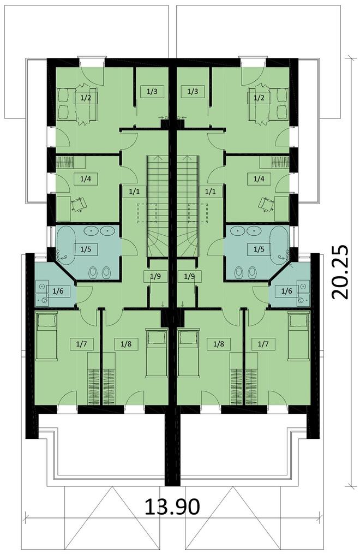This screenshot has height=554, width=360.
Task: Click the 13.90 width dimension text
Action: click(172, 507)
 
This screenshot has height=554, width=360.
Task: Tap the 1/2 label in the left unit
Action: click(86, 98)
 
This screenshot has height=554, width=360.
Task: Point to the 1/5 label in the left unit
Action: click(86, 249)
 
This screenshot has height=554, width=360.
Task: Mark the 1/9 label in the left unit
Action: click(155, 276)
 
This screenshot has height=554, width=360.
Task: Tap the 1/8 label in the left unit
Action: click(123, 344)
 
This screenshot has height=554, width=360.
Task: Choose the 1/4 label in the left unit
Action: click(86, 178)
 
